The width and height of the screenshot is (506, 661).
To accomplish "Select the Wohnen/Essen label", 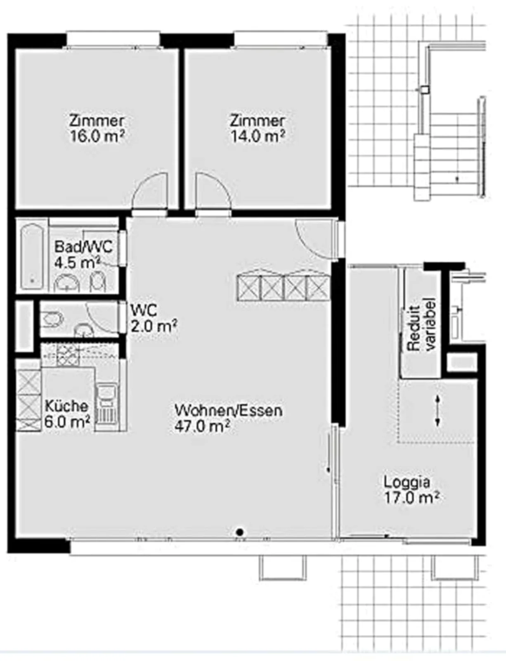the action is point(229,410).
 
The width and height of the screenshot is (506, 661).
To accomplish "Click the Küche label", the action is point(66,406).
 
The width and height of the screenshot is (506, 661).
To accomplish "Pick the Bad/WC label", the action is point(83,246).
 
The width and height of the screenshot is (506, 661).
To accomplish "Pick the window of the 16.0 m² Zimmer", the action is point(113,40).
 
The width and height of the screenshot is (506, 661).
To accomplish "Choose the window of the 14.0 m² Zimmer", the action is point(281,40).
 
